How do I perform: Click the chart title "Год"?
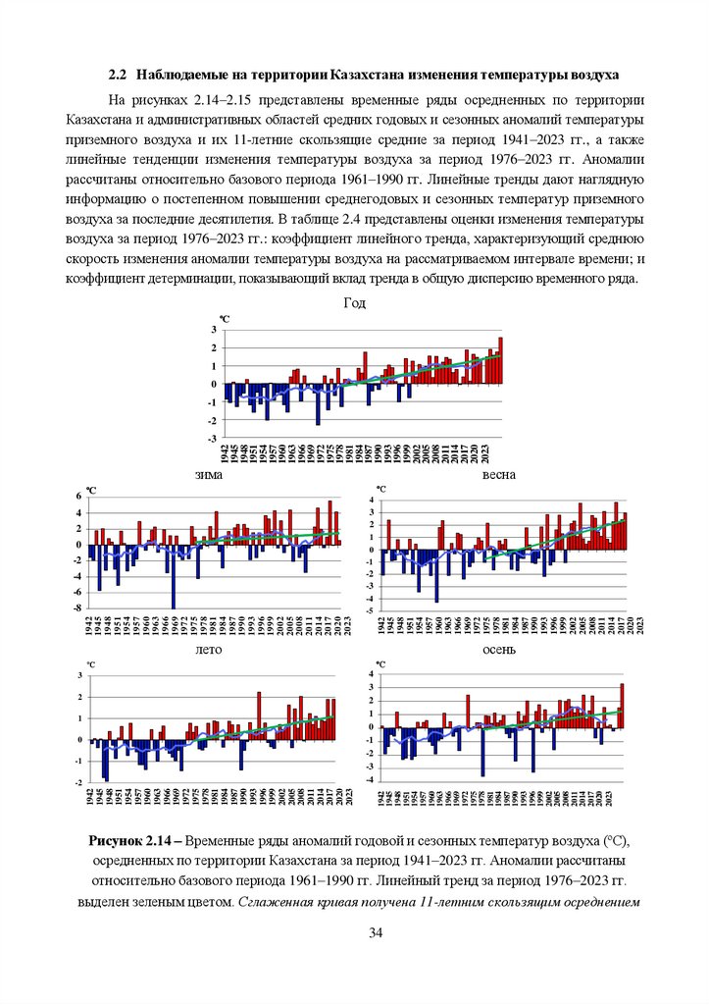[354, 304]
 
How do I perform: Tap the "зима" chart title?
[209, 475]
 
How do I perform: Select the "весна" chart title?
[498, 475]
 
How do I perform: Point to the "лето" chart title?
[209, 650]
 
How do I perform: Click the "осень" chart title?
[498, 650]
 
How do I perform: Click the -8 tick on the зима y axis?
[79, 608]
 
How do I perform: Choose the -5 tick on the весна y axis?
[371, 610]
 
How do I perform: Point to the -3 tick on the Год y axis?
[214, 439]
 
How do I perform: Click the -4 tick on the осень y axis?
[371, 779]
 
